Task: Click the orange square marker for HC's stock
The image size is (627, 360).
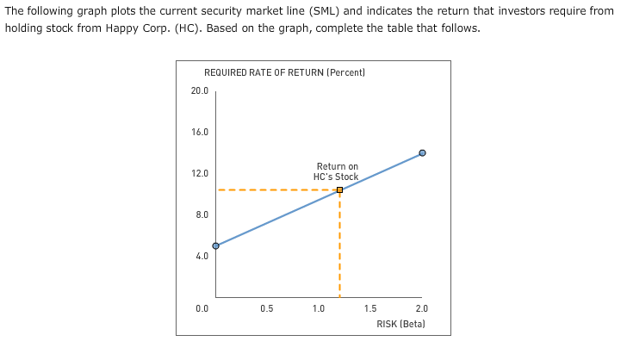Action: tap(339, 189)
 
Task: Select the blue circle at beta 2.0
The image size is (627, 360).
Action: tap(422, 152)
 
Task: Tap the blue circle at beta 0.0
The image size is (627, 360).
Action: tap(215, 245)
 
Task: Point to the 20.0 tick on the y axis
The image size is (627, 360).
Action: tap(198, 90)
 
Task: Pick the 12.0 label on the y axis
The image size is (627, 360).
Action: tap(198, 173)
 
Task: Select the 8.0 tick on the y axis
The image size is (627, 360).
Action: tap(200, 214)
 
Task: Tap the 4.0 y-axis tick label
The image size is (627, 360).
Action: tap(200, 256)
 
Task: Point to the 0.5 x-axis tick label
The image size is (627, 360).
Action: tap(267, 308)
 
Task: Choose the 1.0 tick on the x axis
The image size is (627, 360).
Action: tap(319, 308)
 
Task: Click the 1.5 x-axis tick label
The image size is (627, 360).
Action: tap(370, 308)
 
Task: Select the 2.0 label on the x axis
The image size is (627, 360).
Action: tap(421, 308)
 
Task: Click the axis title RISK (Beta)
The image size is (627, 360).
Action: tap(401, 324)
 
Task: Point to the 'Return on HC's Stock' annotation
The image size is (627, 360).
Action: tap(337, 171)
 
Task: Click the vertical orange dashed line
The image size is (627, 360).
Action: tap(339, 250)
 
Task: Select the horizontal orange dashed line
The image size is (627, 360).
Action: tap(276, 189)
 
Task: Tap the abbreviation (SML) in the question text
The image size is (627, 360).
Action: tap(326, 10)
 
